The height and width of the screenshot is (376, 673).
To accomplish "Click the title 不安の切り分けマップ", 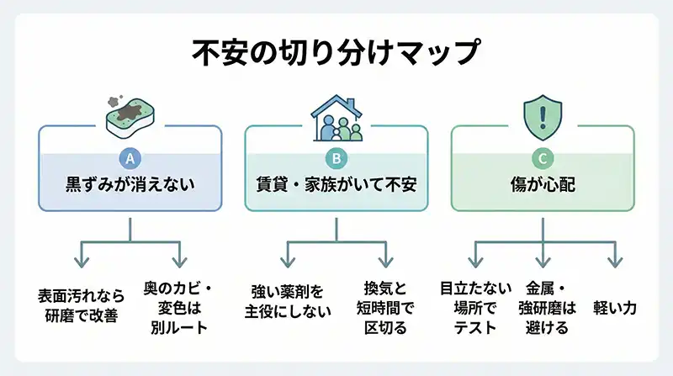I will [x=336, y=52].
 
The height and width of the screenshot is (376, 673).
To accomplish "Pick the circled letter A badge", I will [x=130, y=156].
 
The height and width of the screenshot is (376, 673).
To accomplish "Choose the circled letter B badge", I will [x=336, y=156].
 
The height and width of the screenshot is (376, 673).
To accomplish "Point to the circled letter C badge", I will [x=543, y=156].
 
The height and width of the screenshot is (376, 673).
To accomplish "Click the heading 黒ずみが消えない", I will [x=130, y=184].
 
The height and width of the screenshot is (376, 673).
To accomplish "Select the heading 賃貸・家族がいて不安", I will [x=336, y=184].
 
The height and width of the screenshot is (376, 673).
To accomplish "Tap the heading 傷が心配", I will [x=543, y=184].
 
